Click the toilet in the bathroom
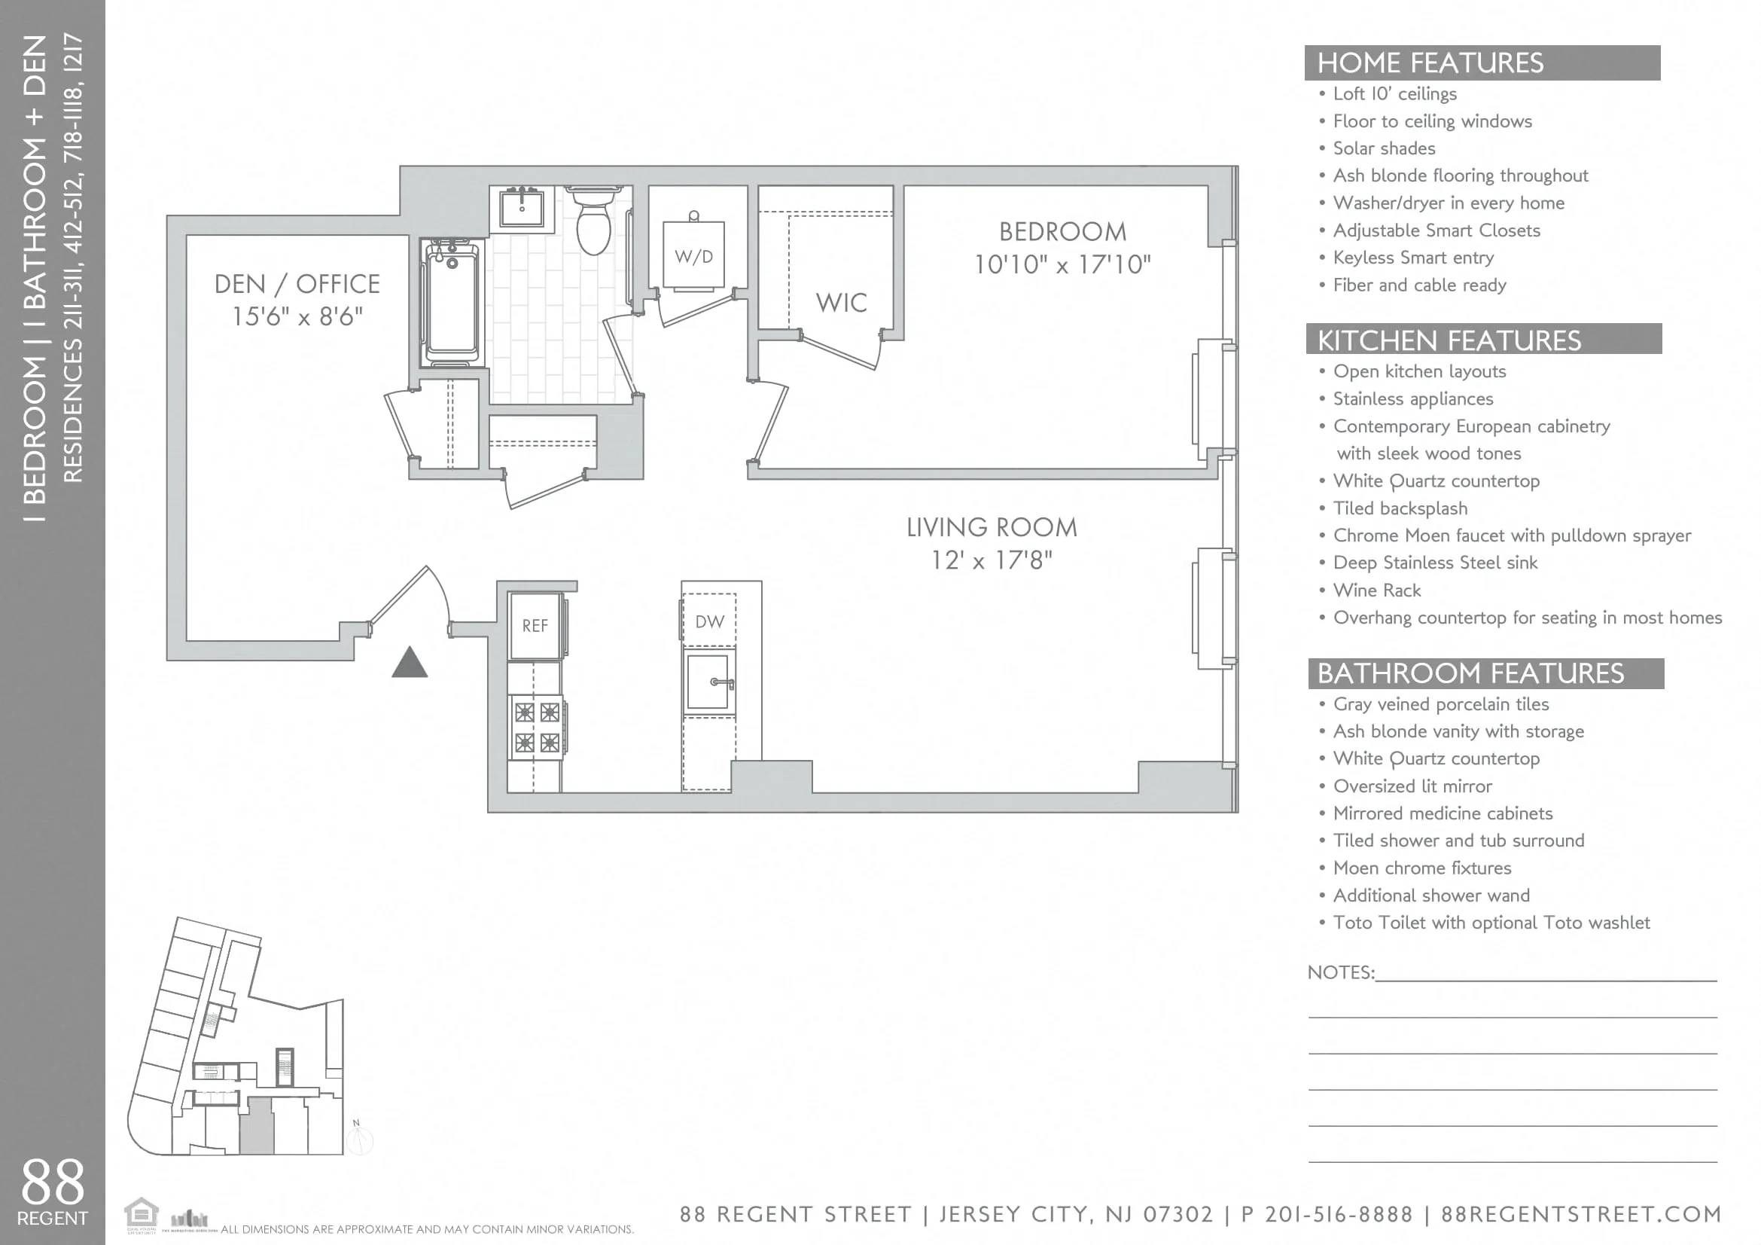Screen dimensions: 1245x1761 [x=593, y=222]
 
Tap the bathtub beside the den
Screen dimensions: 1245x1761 [x=452, y=304]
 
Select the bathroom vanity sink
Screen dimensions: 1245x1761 [x=522, y=206]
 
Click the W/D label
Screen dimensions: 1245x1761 [x=693, y=257]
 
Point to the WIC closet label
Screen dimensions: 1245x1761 [x=842, y=303]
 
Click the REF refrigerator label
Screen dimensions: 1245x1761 [x=535, y=626]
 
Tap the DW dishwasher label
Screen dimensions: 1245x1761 [x=709, y=622]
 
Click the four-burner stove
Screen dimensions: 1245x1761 [x=536, y=728]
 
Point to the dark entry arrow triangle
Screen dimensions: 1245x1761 [x=410, y=664]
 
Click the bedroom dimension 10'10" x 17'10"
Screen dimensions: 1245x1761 [x=1062, y=264]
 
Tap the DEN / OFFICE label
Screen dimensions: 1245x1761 [x=297, y=285]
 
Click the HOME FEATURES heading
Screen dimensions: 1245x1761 [x=1430, y=63]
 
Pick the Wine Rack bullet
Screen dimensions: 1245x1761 [x=1377, y=590]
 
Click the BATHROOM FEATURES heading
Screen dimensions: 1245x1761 [x=1470, y=673]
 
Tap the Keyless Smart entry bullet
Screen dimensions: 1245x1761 [x=1412, y=258]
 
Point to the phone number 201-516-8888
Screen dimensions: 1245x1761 [x=1339, y=1214]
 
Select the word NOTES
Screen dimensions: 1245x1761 [x=1340, y=972]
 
